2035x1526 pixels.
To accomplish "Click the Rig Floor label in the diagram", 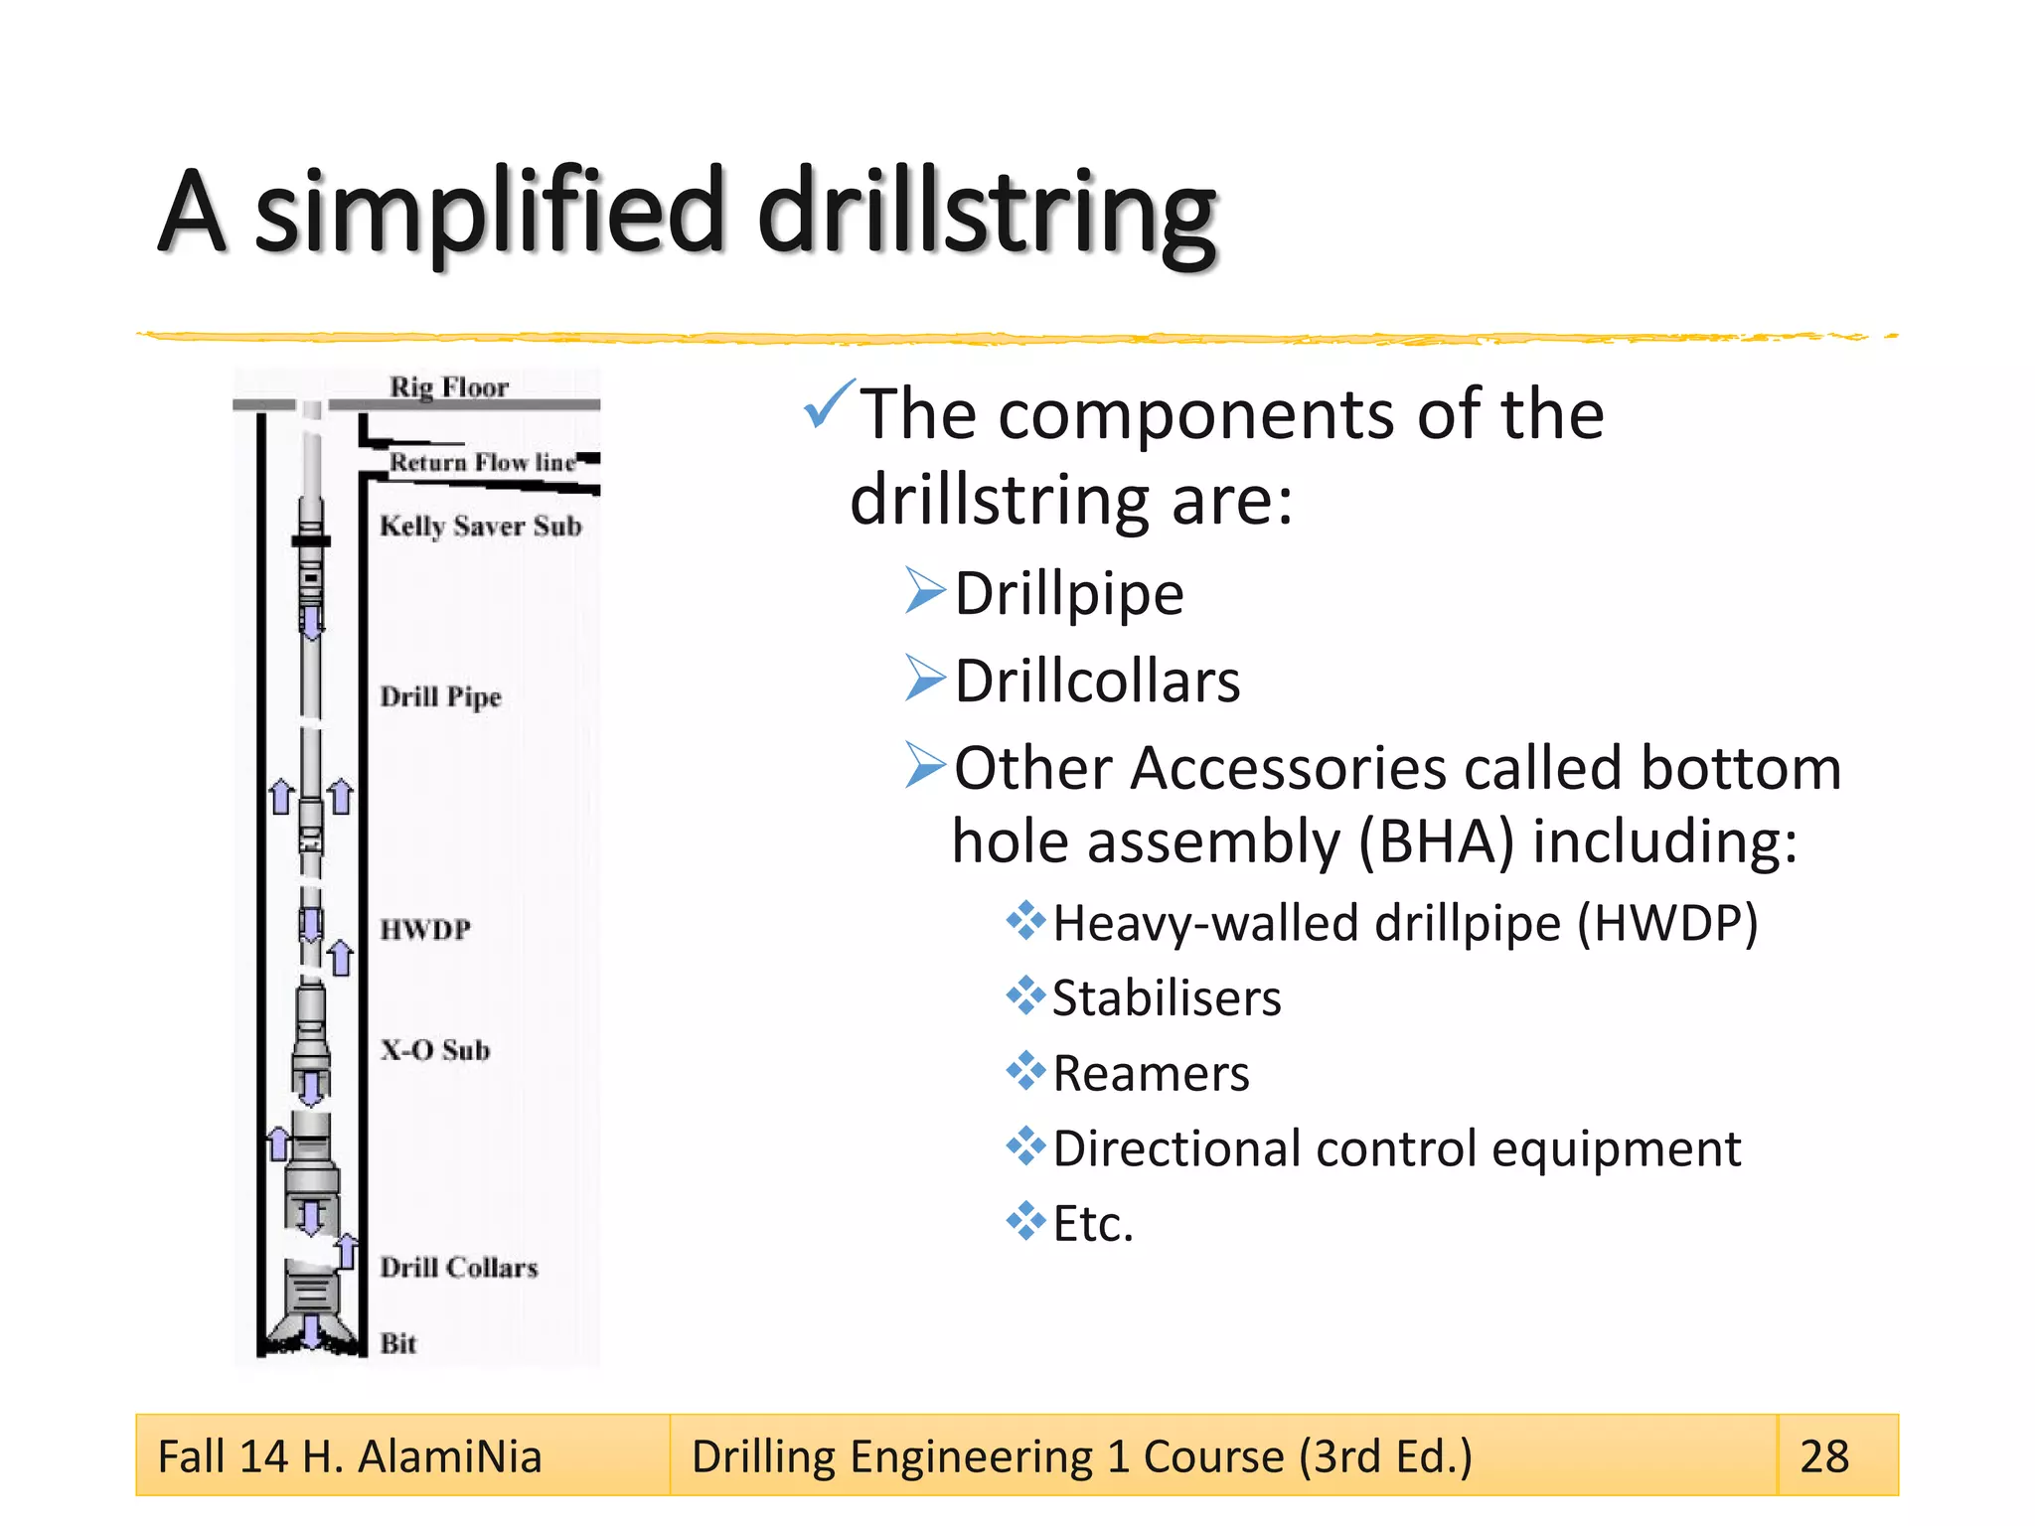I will [x=448, y=386].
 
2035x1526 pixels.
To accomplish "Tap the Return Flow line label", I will [x=482, y=462].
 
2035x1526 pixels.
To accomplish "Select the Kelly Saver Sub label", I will [x=480, y=526].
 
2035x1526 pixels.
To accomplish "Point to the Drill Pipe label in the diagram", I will [x=440, y=696].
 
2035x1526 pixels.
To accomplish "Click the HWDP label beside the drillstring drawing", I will [x=425, y=930].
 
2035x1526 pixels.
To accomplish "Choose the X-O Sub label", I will [x=435, y=1050].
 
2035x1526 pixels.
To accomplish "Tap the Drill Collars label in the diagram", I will [x=458, y=1268].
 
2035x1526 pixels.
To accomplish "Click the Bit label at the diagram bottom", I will [x=398, y=1343].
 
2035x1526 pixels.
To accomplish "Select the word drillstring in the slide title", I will [x=986, y=212].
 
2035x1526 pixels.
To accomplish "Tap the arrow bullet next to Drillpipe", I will [x=925, y=591].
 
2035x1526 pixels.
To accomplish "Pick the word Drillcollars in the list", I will [x=1097, y=682].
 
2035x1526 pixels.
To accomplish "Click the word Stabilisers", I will [x=1167, y=998].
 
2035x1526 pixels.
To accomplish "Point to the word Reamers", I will [x=1151, y=1074].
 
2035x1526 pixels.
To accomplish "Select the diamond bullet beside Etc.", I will [x=1025, y=1221].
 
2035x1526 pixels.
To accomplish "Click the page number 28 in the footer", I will [x=1824, y=1456].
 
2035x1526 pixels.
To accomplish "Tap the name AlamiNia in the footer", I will [x=449, y=1456].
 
